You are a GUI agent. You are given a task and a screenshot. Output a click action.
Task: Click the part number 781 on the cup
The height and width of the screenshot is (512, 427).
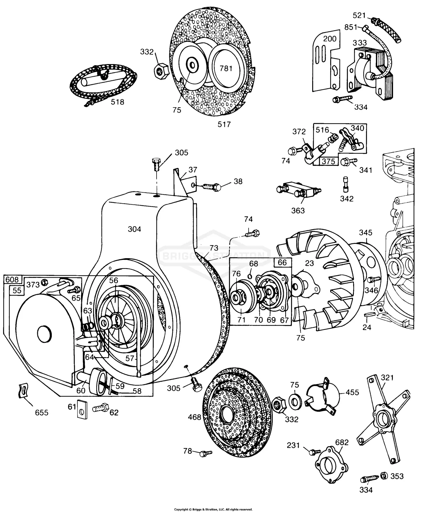226,69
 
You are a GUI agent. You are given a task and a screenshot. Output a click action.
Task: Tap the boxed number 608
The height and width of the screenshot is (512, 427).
12,279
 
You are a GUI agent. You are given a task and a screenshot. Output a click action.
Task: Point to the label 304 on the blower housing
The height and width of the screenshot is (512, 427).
134,229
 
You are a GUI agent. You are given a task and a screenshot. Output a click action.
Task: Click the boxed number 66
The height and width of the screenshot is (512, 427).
282,262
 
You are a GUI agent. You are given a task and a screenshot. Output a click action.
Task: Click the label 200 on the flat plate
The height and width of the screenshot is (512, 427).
330,39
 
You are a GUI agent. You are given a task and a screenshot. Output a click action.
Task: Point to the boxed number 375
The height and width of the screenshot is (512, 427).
329,161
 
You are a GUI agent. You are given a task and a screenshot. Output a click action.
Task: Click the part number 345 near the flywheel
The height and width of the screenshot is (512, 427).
366,233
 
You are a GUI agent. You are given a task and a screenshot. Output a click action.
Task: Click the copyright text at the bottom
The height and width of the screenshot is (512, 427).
213,509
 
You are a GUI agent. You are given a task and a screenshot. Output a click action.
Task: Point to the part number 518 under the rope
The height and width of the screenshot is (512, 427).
118,102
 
